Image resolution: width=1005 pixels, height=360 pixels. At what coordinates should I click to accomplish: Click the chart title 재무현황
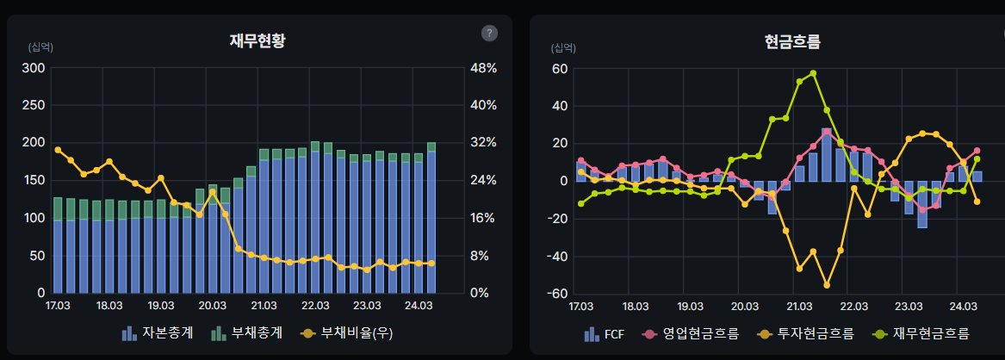coord(257,40)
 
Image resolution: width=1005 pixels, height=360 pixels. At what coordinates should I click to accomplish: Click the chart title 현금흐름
coord(791,40)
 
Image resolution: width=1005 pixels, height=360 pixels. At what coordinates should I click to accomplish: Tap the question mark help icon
coord(489,33)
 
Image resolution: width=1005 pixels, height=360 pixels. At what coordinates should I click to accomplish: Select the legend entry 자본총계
coord(158,332)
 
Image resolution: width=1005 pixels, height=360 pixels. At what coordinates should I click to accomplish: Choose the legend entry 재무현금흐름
coord(922,333)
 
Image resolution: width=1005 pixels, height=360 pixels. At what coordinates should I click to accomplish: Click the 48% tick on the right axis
coord(478,68)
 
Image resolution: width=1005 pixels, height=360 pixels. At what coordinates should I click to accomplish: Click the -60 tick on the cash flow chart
coord(560,294)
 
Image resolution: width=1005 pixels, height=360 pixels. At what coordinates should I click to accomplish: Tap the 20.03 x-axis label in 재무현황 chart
coord(212,306)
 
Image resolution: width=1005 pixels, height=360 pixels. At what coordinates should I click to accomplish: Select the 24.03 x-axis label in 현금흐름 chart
coord(963,306)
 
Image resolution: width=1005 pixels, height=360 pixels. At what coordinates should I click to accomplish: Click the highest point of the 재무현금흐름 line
coord(813,73)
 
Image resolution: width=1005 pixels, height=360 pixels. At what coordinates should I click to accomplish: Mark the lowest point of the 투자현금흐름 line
coord(827,284)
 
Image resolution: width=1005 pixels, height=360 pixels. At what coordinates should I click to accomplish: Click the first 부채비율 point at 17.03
coord(58,150)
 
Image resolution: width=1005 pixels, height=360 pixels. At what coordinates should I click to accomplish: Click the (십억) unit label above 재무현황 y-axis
coord(40,47)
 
